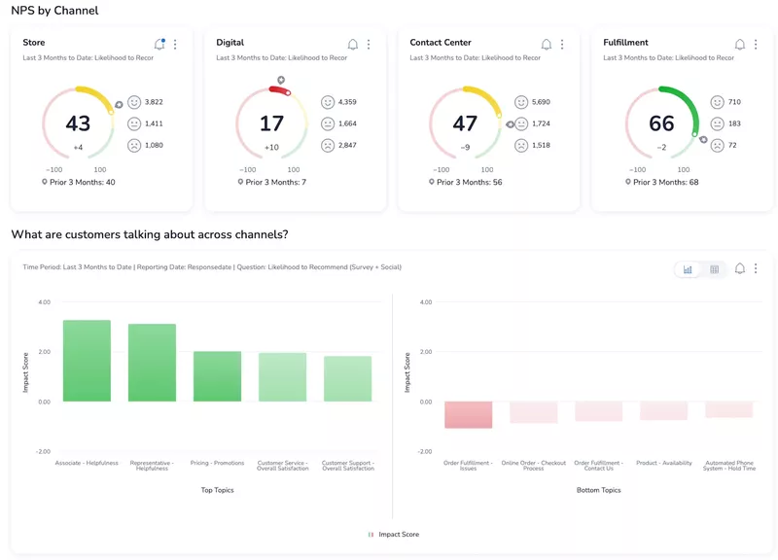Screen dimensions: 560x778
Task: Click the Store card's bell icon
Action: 159,45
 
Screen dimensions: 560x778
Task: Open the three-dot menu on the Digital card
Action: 369,45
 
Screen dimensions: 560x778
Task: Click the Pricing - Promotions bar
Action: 217,376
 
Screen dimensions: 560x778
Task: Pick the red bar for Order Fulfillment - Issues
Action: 468,414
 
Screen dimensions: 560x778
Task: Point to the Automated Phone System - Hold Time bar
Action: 728,409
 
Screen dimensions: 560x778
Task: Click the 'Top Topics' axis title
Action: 217,490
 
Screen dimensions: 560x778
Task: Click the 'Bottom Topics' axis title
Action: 598,490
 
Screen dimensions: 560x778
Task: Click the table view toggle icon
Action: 714,269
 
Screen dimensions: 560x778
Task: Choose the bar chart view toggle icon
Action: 688,269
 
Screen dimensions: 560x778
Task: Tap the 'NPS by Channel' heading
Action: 54,11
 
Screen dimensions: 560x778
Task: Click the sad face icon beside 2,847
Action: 328,146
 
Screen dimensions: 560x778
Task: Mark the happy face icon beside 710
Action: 717,102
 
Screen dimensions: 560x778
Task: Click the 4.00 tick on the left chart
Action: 44,302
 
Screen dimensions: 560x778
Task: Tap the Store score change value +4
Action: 78,148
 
